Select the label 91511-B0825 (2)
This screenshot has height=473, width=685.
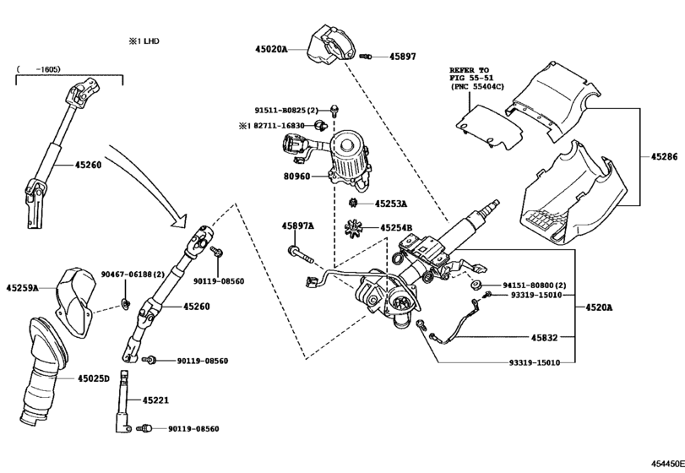pos(286,110)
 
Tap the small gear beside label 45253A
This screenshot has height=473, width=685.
pos(355,203)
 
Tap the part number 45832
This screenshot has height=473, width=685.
pos(544,338)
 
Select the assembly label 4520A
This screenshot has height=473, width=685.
pos(599,307)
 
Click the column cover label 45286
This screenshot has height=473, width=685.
pos(663,157)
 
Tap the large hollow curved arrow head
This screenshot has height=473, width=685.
pos(177,221)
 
